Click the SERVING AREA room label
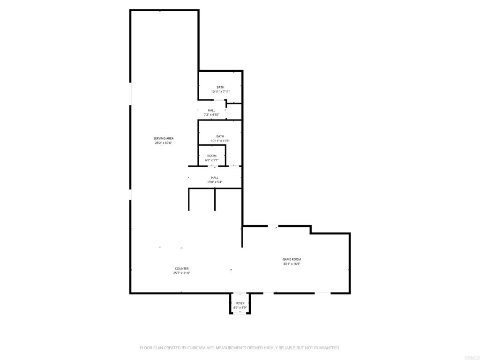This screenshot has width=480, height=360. [164, 138]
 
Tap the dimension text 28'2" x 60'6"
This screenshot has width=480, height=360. [164, 143]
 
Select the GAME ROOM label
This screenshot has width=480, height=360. [292, 259]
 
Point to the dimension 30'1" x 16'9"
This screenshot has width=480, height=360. [292, 264]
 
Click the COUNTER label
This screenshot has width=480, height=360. [182, 269]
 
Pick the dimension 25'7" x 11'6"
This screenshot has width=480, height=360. [182, 273]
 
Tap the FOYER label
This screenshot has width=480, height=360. [240, 303]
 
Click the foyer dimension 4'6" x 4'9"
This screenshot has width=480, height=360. [240, 307]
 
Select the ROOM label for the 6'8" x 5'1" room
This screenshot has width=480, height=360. [212, 156]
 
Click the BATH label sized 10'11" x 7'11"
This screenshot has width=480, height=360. [220, 87]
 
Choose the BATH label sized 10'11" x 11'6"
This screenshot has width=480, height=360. [220, 136]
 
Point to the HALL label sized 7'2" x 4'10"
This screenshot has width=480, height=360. [212, 110]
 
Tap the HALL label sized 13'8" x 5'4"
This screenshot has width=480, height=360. [215, 178]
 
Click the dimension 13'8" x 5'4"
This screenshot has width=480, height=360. [215, 182]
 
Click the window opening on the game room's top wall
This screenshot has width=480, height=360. [273, 226]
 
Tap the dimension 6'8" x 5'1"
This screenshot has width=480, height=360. [212, 160]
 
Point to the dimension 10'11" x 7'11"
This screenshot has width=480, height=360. [220, 92]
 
